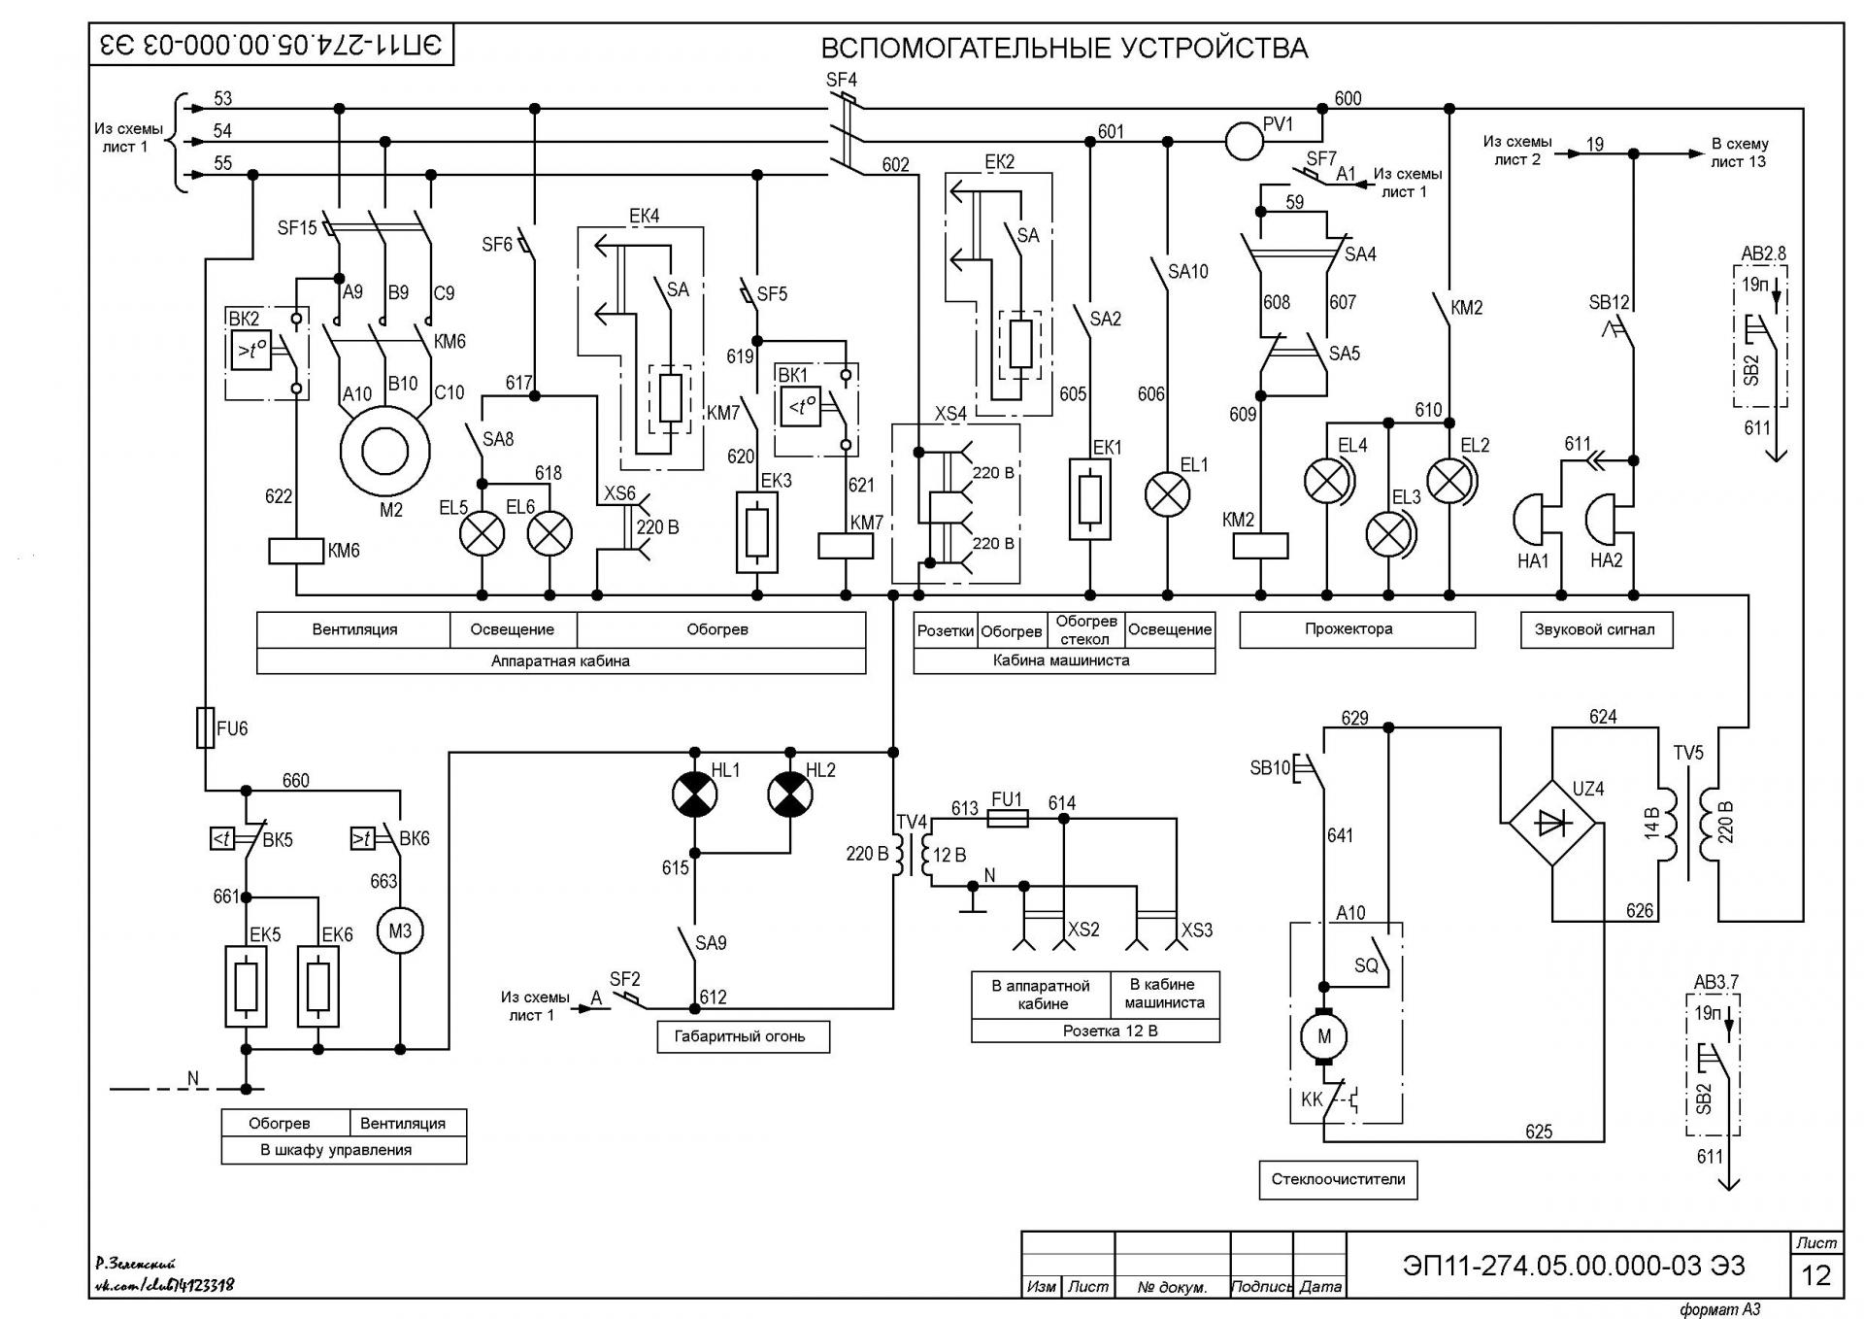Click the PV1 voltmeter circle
1244,142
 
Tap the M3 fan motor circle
400,930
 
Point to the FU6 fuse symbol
205,727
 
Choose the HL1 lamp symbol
694,795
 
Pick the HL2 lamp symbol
790,795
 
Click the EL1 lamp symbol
1167,494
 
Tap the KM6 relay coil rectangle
295,551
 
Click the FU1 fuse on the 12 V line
1007,819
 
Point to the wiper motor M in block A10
1323,1035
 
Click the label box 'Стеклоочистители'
1338,1179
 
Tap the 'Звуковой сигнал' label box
1594,629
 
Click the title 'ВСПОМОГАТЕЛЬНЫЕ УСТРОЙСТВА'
1064,48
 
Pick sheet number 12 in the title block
1815,1274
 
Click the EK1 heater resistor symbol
1089,499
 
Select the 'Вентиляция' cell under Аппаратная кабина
354,629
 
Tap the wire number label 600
1348,98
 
